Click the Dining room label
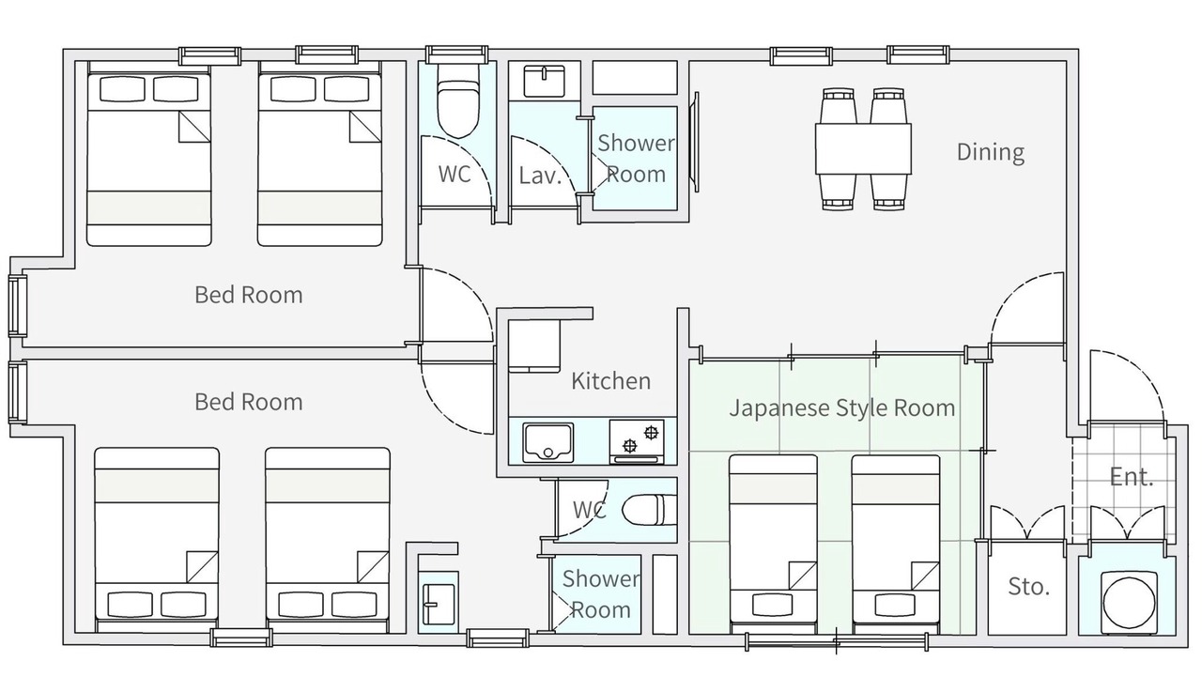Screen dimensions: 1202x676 coord(991,152)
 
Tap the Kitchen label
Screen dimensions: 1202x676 coord(610,381)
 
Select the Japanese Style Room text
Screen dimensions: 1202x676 coord(842,408)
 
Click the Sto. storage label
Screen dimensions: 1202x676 coord(1028,587)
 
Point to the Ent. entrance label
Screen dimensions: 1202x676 coord(1132,476)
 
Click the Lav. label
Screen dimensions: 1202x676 coord(539,176)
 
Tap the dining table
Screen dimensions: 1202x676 coord(863,148)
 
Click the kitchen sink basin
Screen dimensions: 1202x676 coord(547,442)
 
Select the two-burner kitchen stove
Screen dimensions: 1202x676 coord(637,441)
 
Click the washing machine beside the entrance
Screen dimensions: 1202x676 coord(1129,603)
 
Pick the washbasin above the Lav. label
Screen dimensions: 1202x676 coord(544,81)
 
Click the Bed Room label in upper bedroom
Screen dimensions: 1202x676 coord(249,295)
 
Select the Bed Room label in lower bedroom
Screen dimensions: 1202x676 coord(249,402)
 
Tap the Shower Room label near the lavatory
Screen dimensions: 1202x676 coord(636,159)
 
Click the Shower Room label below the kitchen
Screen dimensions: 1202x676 coord(600,594)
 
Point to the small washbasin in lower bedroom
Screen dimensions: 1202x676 coord(439,604)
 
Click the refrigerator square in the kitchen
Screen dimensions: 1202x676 coord(534,346)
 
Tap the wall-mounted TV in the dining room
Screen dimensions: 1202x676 coord(696,142)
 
